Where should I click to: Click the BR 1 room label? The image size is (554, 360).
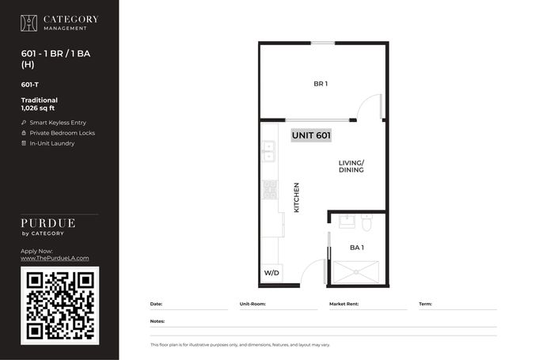pos(321,84)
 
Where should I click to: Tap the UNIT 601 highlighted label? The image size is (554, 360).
pos(311,135)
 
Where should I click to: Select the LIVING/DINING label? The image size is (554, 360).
pos(351,166)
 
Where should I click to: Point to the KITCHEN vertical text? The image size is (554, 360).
pos(297,198)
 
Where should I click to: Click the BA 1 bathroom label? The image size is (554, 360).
pos(357,248)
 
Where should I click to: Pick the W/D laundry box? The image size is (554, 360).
pos(271,273)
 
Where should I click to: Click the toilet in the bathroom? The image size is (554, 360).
pos(366,222)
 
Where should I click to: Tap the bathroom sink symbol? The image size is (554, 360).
pos(347,222)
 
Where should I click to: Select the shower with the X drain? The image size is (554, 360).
pos(356,272)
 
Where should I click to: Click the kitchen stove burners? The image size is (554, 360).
pos(269,189)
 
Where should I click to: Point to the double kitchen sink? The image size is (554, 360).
pos(268,151)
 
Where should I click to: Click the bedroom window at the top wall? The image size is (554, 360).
pos(323,43)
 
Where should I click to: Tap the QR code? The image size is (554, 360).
pos(59,305)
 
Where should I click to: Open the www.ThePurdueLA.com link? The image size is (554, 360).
pos(55,258)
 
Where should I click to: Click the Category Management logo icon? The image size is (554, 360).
pos(28,23)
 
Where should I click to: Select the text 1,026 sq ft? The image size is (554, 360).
pos(38,108)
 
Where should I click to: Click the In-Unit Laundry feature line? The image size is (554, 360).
pos(48,143)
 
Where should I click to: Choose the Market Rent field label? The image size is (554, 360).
pos(343,304)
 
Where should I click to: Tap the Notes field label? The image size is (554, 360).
pos(157,321)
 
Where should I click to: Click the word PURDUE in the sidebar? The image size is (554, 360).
pos(48,223)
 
